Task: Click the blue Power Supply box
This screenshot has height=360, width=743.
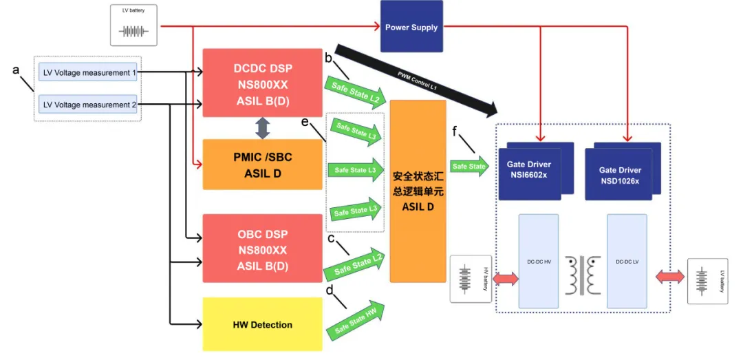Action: click(411, 26)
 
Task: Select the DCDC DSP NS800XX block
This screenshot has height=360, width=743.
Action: click(263, 83)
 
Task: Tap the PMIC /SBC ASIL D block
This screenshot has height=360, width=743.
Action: click(263, 165)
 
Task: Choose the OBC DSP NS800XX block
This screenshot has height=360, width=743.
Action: click(263, 248)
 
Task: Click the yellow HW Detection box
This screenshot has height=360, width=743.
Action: click(263, 324)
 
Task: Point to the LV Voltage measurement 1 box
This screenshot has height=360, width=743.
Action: click(87, 72)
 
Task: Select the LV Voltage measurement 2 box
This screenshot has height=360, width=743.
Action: click(87, 105)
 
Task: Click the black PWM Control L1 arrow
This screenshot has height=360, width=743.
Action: click(416, 80)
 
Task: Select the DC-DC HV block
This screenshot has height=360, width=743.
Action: click(539, 262)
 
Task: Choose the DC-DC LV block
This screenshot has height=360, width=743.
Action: click(627, 262)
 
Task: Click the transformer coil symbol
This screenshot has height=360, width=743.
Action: click(583, 275)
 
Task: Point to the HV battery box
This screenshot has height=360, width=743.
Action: click(471, 278)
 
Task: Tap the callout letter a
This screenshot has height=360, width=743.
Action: click(16, 70)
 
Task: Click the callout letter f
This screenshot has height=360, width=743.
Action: click(455, 131)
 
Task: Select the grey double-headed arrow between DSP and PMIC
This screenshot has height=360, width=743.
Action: click(263, 128)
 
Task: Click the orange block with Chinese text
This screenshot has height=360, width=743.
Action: click(418, 191)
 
